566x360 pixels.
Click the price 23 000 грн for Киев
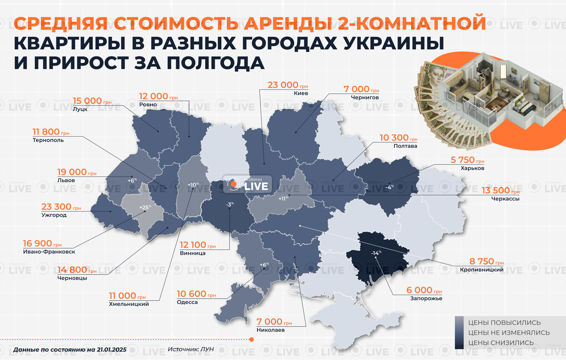287,85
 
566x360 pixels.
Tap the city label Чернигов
365,97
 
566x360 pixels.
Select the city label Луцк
80,109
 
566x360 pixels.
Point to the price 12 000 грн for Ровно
158,96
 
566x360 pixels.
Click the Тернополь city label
48,140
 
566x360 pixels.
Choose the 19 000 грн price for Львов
77,172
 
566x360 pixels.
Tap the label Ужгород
54,215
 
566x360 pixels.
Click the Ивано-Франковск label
49,252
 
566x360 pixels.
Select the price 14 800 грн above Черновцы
77,269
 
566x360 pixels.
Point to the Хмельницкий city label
129,304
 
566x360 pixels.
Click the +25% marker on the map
145,207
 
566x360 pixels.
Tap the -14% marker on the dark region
376,253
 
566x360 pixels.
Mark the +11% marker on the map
283,198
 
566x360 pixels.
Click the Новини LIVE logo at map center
247,185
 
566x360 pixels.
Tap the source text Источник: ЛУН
190,349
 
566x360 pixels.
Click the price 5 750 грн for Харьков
467,160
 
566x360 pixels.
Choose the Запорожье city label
426,299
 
